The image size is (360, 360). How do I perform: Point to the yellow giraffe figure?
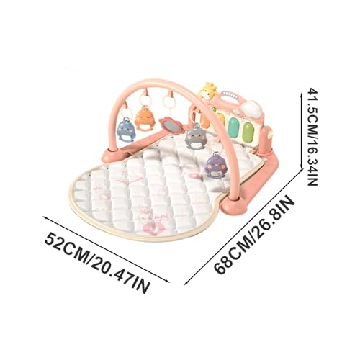[x=207, y=91]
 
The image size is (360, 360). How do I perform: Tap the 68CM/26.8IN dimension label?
[x=254, y=235]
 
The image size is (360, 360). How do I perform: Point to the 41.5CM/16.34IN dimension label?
[x=313, y=137]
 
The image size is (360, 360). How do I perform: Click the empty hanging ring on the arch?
[x=169, y=102]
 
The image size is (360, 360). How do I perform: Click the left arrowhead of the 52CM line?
[x=45, y=218]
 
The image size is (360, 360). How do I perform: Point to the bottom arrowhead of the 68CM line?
[x=186, y=283]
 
